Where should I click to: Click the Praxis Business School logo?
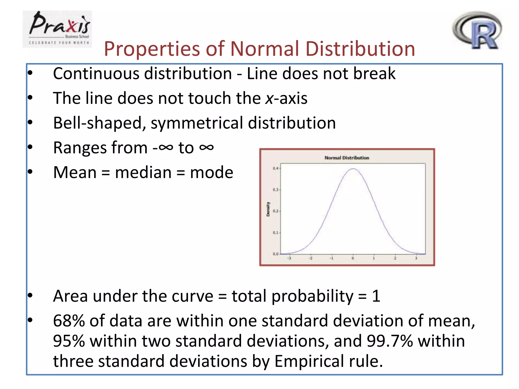pyautogui.click(x=57, y=29)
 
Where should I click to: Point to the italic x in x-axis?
pyautogui.click(x=269, y=98)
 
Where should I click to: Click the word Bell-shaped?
pyautogui.click(x=98, y=123)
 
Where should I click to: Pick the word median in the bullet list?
pyautogui.click(x=143, y=172)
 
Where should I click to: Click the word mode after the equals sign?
pyautogui.click(x=212, y=172)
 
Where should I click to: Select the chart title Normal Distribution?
pyautogui.click(x=347, y=158)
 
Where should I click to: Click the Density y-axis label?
pyautogui.click(x=268, y=209)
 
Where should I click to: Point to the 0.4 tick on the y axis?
pyautogui.click(x=275, y=168)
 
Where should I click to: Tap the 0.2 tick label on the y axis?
pyautogui.click(x=275, y=211)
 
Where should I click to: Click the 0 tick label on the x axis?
pyautogui.click(x=353, y=258)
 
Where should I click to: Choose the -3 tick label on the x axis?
pyautogui.click(x=289, y=258)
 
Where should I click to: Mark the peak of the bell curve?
pyautogui.click(x=353, y=169)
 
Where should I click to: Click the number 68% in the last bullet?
pyautogui.click(x=69, y=321)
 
